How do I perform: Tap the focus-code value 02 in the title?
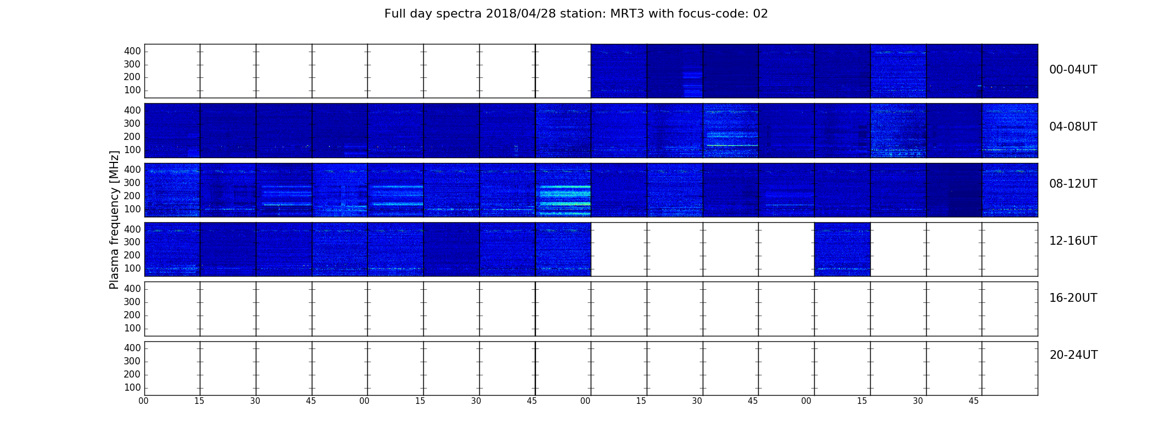(x=760, y=14)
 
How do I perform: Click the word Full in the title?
(x=395, y=14)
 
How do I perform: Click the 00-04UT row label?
(x=1073, y=70)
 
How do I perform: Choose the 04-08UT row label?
(x=1073, y=127)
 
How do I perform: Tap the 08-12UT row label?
(x=1073, y=184)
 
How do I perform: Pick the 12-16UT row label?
(x=1073, y=241)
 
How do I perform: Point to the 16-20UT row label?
(x=1073, y=298)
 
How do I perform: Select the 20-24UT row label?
(x=1073, y=355)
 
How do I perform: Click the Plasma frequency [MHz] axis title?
(x=114, y=219)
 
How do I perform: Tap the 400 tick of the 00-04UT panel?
(x=132, y=51)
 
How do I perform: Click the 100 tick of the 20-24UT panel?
(x=132, y=387)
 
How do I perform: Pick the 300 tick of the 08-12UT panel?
(x=132, y=183)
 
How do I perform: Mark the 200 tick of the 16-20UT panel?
(x=132, y=315)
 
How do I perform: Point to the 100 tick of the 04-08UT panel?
(x=132, y=150)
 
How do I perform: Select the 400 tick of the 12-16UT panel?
(x=132, y=229)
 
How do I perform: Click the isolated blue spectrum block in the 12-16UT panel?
(x=842, y=249)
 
